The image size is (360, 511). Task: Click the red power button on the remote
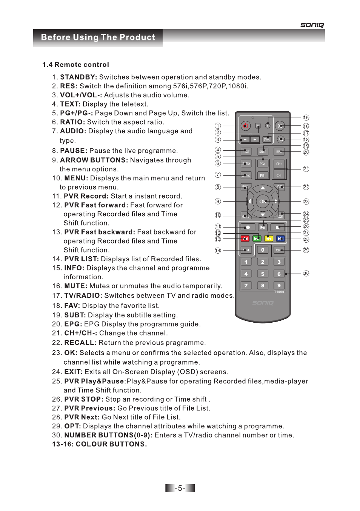point(246,126)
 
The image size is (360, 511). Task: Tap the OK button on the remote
point(263,202)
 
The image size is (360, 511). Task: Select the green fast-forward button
point(257,239)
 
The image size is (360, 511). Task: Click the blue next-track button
point(280,239)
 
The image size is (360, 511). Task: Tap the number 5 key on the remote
point(263,274)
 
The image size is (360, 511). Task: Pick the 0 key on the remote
point(263,250)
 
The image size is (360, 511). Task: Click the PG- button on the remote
point(262,175)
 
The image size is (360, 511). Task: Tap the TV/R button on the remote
point(267,139)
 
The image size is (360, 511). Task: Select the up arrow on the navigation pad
point(263,188)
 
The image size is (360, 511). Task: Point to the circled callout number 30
point(306,273)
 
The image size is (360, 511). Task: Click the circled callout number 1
point(218,126)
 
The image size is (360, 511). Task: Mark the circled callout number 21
point(306,169)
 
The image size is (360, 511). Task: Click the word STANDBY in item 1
point(78,77)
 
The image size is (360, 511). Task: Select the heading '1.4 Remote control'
point(75,65)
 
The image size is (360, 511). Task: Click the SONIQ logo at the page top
point(312,25)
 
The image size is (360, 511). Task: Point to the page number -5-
point(180,488)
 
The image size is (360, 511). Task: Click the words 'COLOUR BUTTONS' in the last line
point(111,444)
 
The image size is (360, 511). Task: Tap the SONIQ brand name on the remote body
point(263,303)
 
